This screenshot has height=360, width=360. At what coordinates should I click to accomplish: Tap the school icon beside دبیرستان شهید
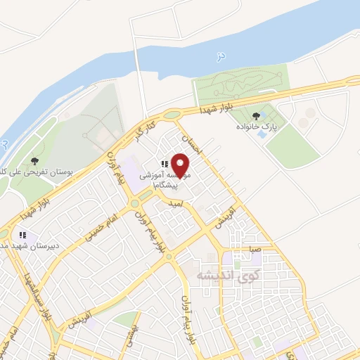pyautogui.click(x=22, y=236)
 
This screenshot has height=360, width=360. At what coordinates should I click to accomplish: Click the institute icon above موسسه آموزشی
pyautogui.click(x=165, y=164)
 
